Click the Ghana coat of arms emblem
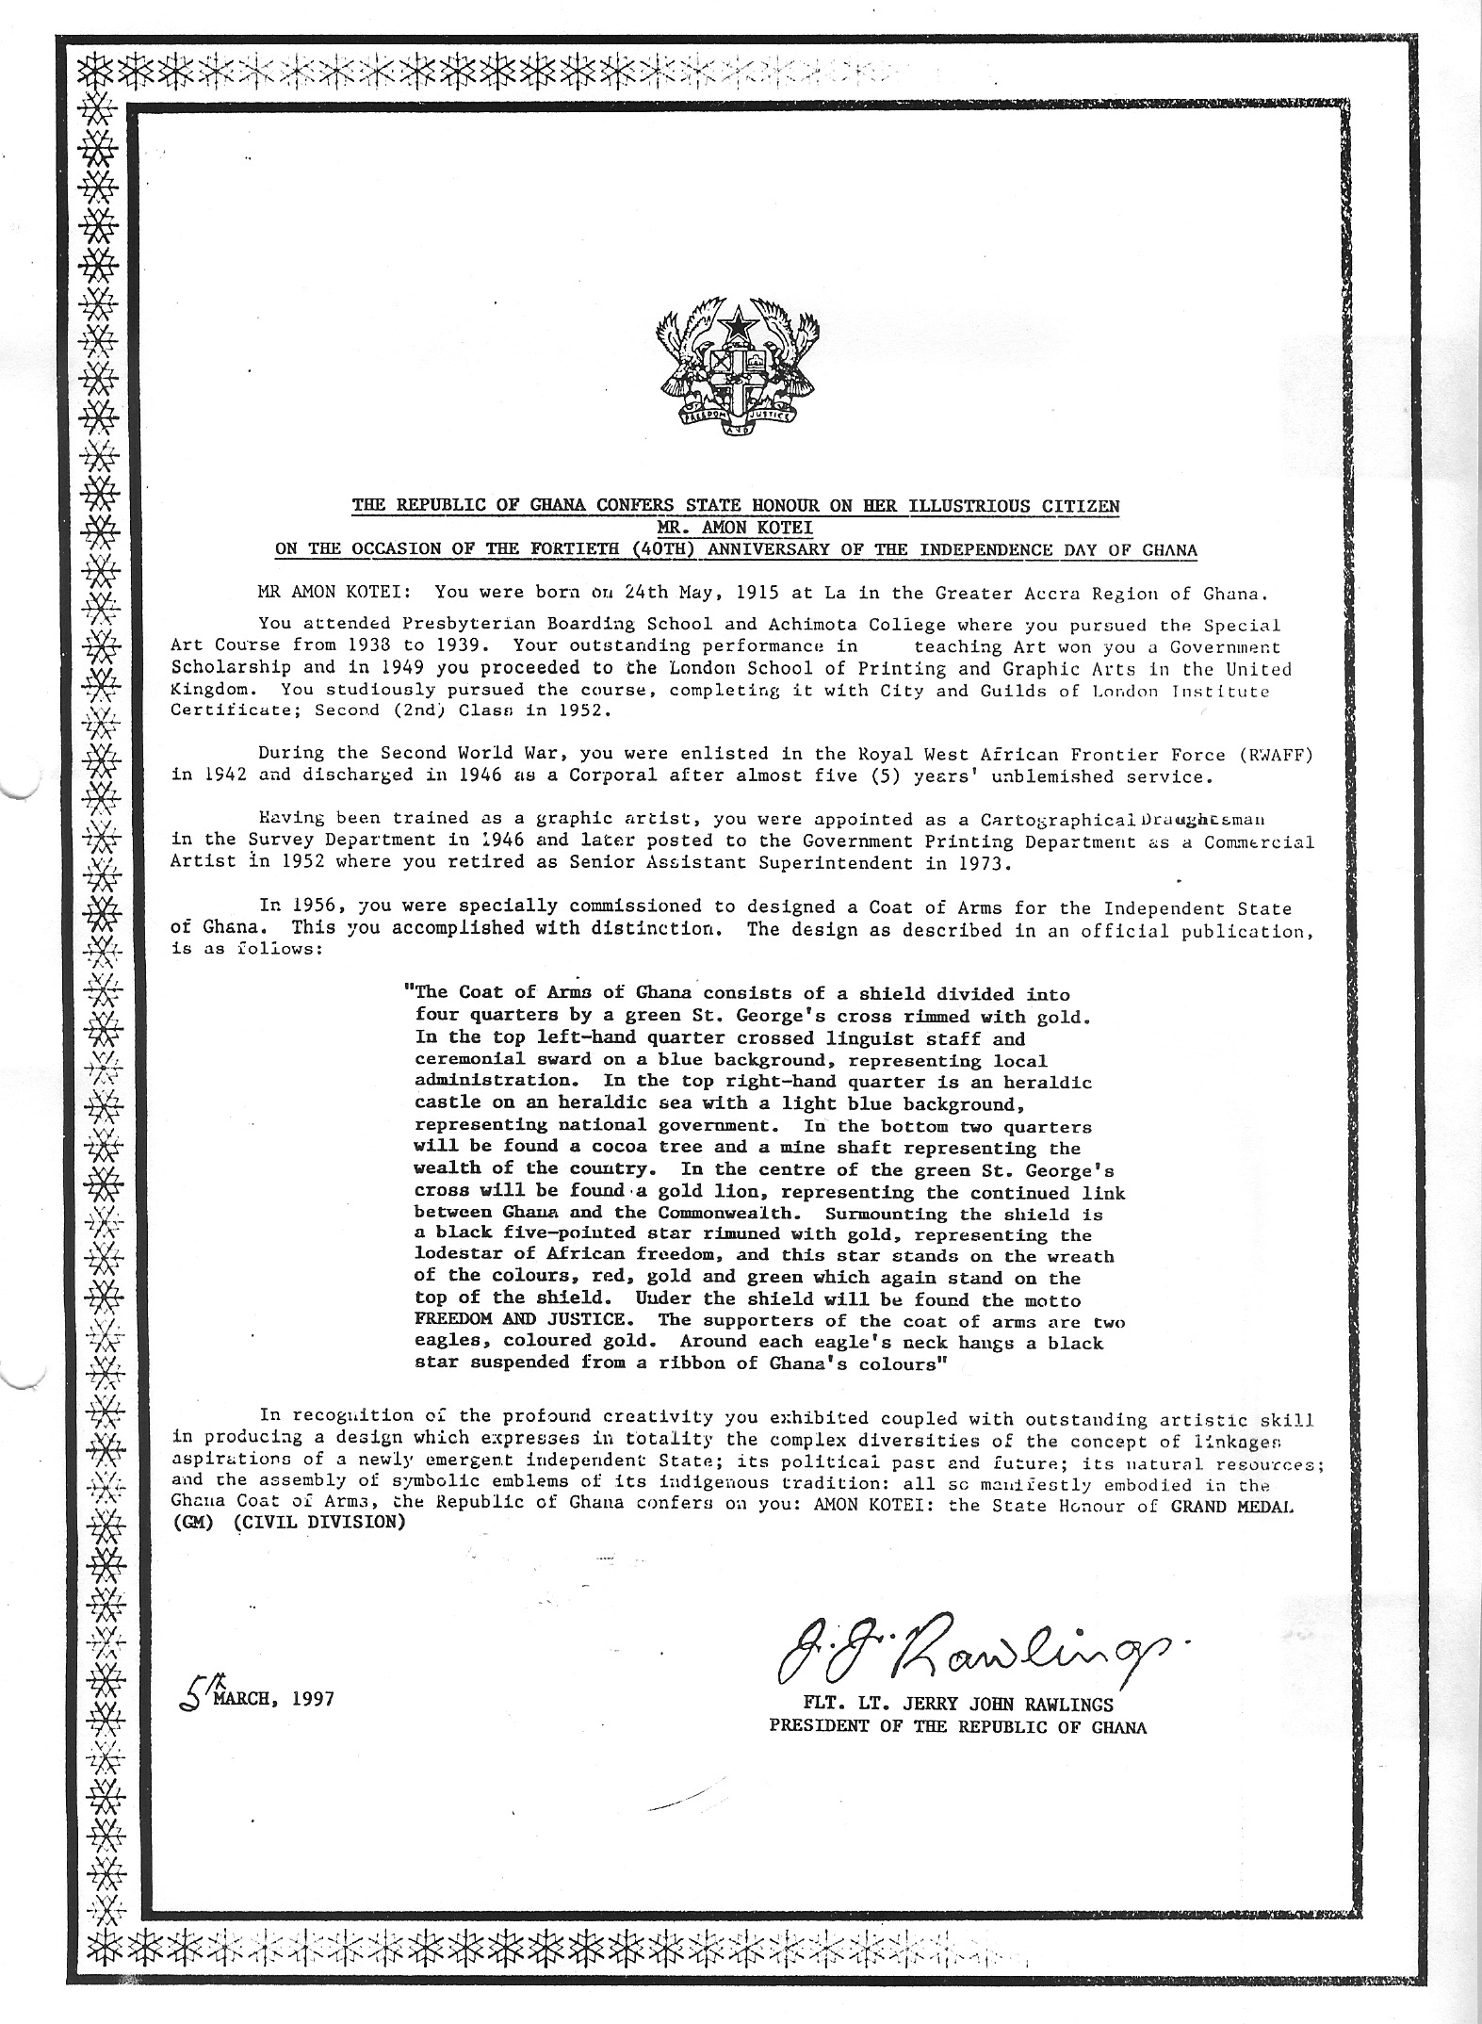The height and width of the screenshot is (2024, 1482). [736, 373]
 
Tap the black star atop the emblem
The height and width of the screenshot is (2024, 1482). [736, 326]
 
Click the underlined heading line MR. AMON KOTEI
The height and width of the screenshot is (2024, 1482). [736, 530]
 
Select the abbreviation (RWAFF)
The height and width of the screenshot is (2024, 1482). [1276, 755]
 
